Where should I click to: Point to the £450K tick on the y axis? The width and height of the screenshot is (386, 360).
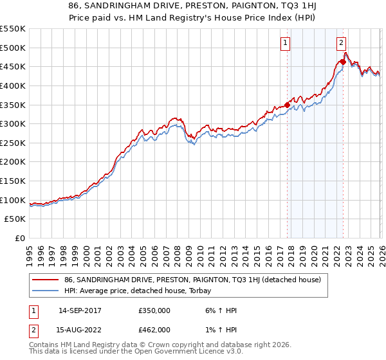12,66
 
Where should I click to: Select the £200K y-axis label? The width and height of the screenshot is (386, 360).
12,162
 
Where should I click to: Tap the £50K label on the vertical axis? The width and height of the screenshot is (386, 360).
15,219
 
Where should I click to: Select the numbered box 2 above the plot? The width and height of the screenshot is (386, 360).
340,43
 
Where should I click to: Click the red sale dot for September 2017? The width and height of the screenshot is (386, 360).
287,105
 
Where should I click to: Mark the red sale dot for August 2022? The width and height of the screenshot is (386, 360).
343,62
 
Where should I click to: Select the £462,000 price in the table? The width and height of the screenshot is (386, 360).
154,330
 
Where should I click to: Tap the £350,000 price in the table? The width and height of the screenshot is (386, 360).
154,310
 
